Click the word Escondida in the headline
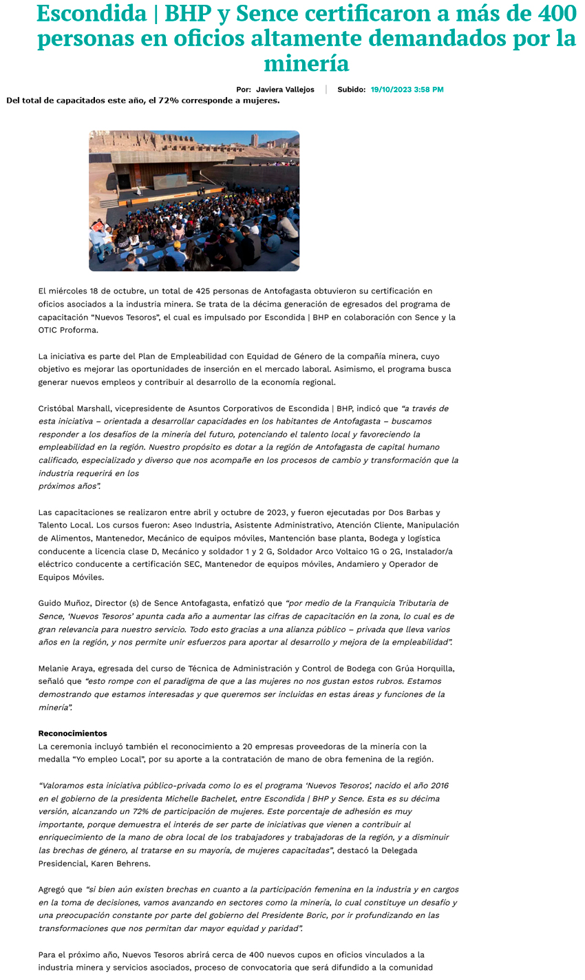click(x=92, y=14)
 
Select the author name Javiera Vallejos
click(x=285, y=90)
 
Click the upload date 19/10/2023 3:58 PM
click(x=407, y=90)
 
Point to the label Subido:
click(x=351, y=90)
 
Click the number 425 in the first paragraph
click(x=205, y=291)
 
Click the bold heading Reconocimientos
click(x=72, y=733)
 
